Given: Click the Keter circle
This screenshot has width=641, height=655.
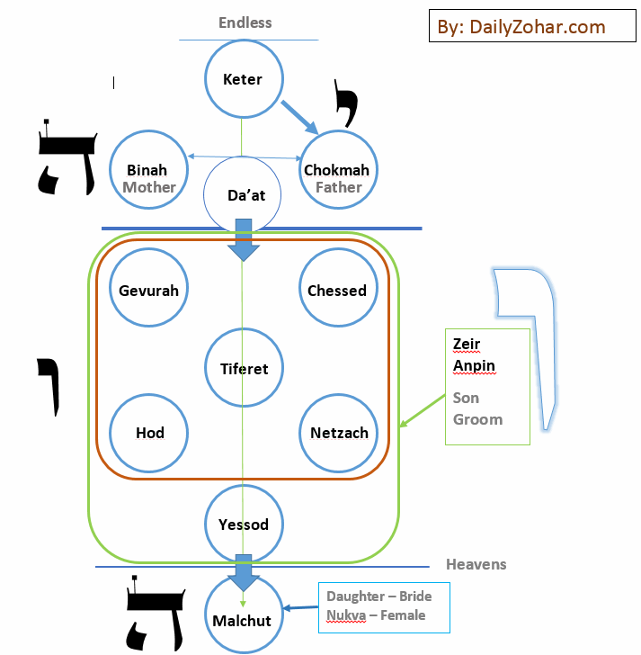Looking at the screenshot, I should [243, 79].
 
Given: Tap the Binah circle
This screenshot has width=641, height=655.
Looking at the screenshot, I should [147, 170].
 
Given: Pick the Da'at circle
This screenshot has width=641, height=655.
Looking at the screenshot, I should [244, 194].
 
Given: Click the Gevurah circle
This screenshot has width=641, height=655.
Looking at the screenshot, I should [149, 290].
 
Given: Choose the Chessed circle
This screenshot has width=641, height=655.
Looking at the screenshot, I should [337, 290].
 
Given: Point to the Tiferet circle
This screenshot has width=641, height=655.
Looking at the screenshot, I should [244, 367].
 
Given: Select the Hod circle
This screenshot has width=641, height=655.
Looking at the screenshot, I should [149, 433].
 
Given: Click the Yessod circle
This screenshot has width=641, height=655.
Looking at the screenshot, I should [244, 524].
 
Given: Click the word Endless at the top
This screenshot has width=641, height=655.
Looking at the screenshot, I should [245, 22].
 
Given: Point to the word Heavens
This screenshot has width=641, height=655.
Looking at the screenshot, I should [476, 564].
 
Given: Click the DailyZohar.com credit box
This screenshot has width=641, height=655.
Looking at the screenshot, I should [521, 27].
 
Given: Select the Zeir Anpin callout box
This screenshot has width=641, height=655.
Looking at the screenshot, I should [487, 387].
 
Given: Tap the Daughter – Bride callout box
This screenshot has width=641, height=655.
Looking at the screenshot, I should [384, 606].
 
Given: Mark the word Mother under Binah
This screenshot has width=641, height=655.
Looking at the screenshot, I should [149, 187].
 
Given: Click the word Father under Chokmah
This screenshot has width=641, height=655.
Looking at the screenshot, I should [338, 187].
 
